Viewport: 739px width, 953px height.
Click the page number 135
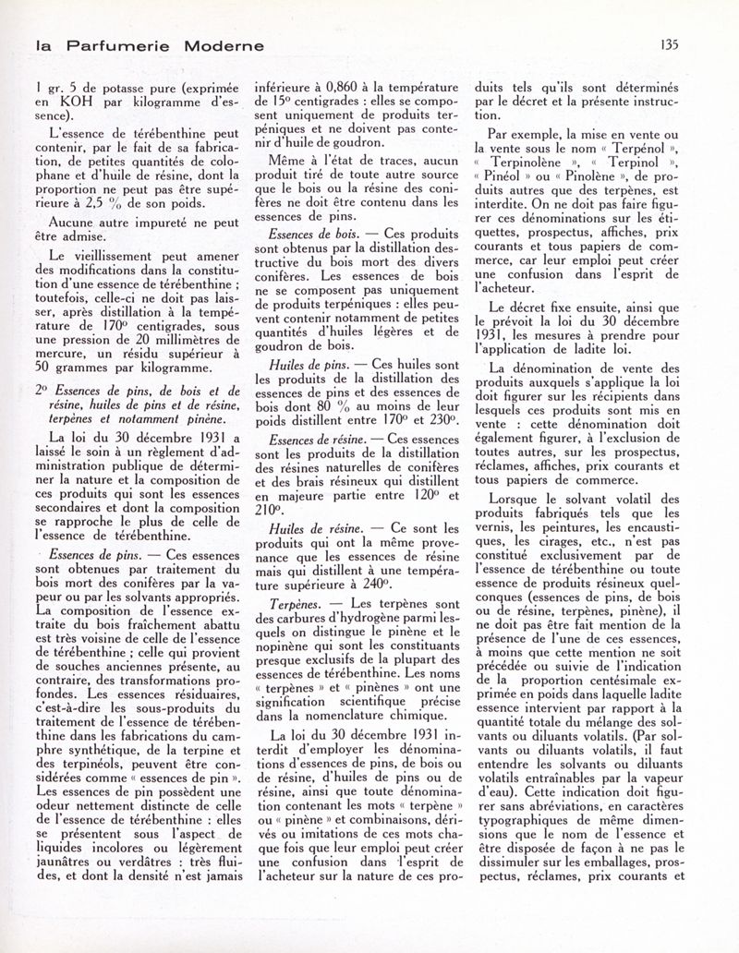(x=697, y=42)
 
